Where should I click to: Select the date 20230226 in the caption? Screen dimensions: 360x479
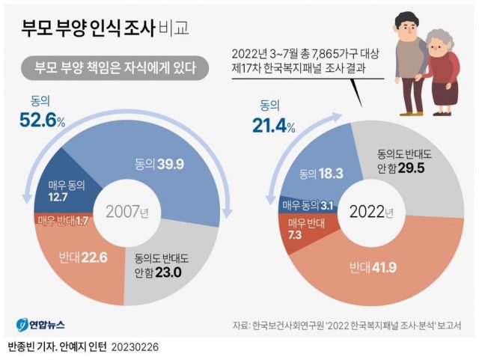[x=135, y=348]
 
